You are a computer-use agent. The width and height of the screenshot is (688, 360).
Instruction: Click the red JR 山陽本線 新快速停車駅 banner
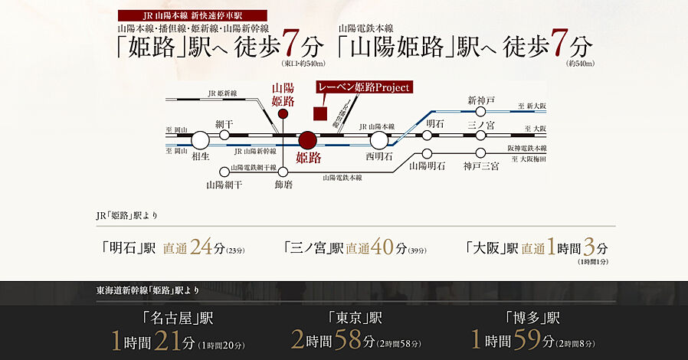click(x=192, y=15)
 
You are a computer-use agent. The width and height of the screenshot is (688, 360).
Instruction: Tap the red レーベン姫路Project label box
click(x=364, y=87)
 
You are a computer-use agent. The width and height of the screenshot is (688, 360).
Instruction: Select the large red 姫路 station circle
click(x=307, y=140)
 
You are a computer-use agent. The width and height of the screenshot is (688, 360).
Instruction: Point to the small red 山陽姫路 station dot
click(x=283, y=114)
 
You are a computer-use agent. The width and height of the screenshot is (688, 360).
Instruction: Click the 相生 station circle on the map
click(x=200, y=139)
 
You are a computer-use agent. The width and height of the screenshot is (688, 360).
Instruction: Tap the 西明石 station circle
click(x=378, y=139)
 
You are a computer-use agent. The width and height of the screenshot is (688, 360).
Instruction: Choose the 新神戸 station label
click(x=481, y=100)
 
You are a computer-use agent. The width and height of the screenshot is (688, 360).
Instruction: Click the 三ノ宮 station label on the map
click(x=481, y=123)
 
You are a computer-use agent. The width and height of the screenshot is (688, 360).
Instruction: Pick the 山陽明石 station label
click(x=427, y=165)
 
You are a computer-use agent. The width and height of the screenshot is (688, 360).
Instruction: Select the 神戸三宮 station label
click(x=481, y=165)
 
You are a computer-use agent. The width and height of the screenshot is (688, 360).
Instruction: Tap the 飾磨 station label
click(x=283, y=185)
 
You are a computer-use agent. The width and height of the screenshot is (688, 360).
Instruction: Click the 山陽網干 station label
click(x=224, y=185)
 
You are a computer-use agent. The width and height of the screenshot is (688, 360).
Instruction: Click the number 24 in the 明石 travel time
click(x=201, y=247)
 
